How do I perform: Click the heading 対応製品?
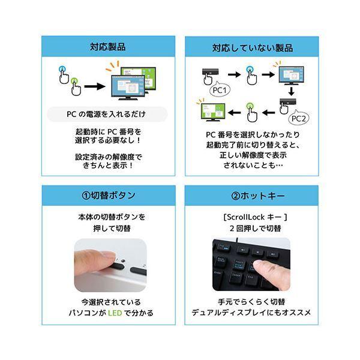(x=108, y=46)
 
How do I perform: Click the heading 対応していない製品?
(x=251, y=46)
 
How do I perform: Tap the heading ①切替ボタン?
(x=108, y=195)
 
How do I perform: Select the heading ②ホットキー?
(x=251, y=195)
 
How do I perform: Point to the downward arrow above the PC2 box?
(x=290, y=91)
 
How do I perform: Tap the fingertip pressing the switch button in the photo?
(x=109, y=257)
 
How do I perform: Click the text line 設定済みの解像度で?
(x=108, y=155)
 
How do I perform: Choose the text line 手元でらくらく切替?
(x=251, y=302)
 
